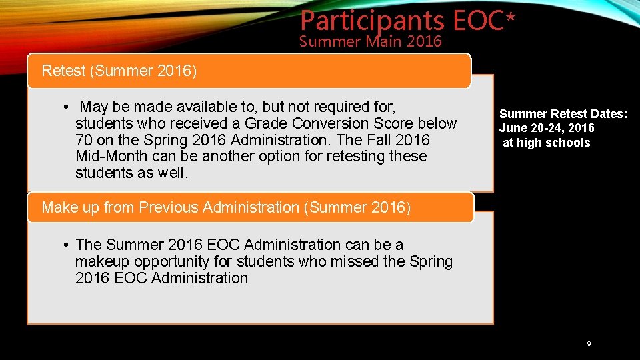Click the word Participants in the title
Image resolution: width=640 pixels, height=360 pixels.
pyautogui.click(x=372, y=21)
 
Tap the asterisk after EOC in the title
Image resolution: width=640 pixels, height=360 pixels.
pyautogui.click(x=511, y=19)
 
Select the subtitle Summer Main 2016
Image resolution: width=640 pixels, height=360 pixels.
pyautogui.click(x=371, y=42)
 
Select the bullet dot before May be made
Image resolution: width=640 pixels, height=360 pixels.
pyautogui.click(x=67, y=107)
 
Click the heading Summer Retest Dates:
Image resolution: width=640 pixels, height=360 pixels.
pyautogui.click(x=563, y=114)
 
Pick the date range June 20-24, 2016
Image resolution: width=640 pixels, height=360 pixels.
pyautogui.click(x=547, y=128)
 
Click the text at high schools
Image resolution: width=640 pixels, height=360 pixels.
pyautogui.click(x=546, y=143)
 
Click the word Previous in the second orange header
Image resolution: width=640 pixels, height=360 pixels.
pyautogui.click(x=165, y=207)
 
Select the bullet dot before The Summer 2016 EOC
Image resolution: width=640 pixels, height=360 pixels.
pyautogui.click(x=67, y=245)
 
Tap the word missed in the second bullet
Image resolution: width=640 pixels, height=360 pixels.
pyautogui.click(x=356, y=262)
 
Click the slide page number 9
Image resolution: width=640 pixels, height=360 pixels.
pyautogui.click(x=589, y=344)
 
